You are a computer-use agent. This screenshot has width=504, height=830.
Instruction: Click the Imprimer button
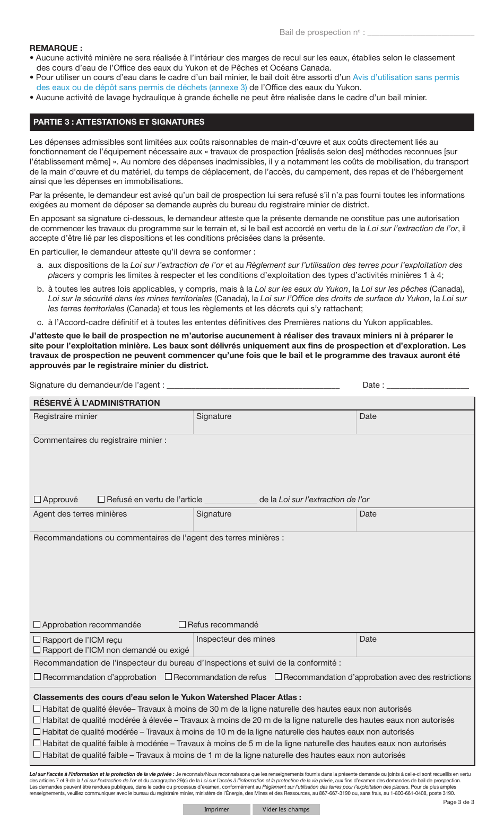click(216, 809)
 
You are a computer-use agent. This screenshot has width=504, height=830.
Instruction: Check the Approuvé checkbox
click(37, 500)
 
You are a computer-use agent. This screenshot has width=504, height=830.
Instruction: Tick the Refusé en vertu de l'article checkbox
click(101, 500)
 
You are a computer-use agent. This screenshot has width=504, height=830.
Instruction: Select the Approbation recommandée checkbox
click(37, 625)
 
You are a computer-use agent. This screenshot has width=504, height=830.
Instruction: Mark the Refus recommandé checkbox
click(183, 625)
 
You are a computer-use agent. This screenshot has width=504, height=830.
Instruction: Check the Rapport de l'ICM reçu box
click(37, 640)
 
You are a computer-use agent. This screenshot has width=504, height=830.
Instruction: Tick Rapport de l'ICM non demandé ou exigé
click(37, 650)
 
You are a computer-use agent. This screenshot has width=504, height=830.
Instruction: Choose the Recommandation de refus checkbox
click(169, 677)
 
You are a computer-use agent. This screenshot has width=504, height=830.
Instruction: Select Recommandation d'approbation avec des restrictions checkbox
click(279, 677)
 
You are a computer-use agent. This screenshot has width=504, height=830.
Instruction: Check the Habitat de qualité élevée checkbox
click(37, 709)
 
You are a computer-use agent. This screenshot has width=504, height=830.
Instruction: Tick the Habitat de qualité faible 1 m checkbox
click(37, 755)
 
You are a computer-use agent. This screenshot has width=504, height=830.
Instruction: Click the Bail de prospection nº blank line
click(421, 33)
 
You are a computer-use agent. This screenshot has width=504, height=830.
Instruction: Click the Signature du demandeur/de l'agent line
click(253, 385)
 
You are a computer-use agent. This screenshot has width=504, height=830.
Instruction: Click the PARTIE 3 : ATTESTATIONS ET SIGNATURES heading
click(119, 122)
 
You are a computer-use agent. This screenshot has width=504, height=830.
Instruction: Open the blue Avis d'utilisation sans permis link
click(406, 77)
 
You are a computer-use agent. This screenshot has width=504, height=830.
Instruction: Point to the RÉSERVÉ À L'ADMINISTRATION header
click(97, 403)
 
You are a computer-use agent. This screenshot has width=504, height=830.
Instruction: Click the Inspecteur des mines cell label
click(236, 639)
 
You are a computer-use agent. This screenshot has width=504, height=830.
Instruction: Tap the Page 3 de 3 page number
click(458, 802)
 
